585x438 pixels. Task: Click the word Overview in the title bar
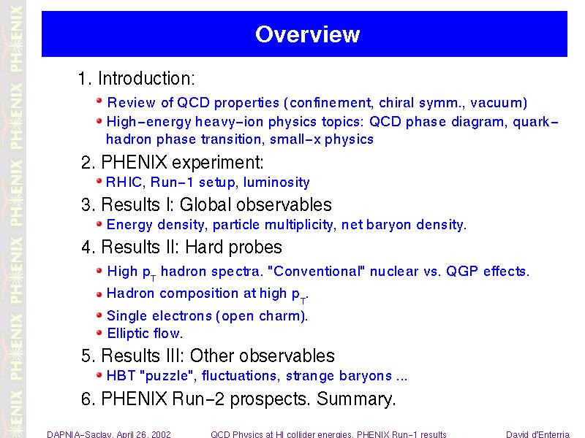tap(307, 34)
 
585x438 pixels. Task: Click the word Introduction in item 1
tap(145, 79)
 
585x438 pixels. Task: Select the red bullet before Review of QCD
tap(99, 101)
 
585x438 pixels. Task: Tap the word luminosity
tap(276, 182)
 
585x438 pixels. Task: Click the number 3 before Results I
tap(86, 205)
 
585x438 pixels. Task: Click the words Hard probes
tap(233, 247)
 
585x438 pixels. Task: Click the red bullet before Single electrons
tap(99, 315)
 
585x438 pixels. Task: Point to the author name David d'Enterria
tap(537, 434)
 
